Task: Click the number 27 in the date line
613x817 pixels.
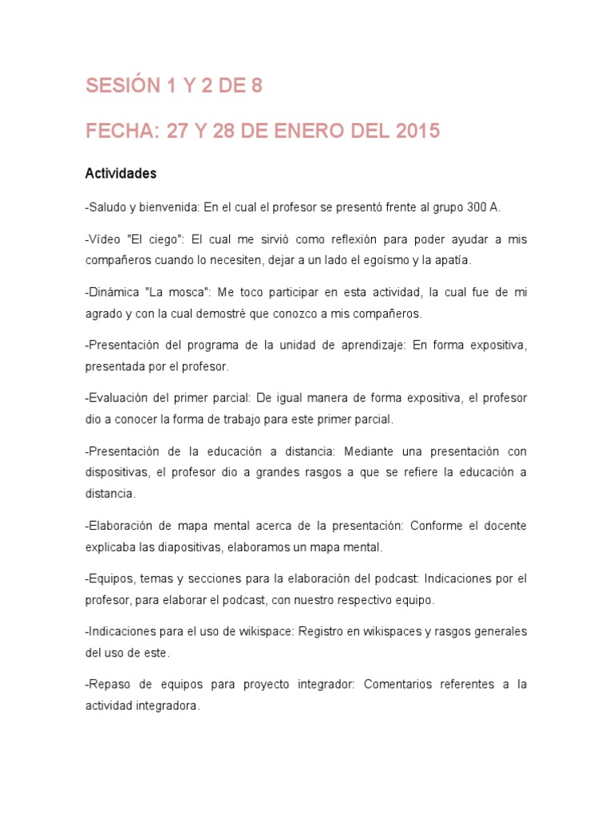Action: (x=176, y=131)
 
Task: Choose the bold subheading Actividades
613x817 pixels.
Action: (x=121, y=173)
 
